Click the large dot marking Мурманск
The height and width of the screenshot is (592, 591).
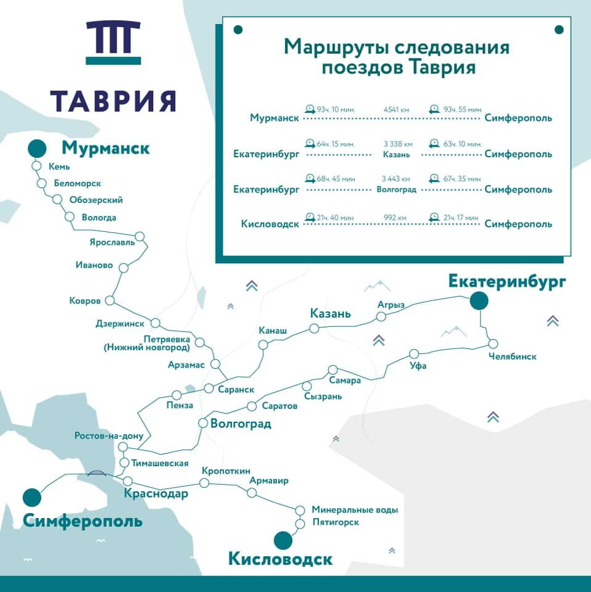point(37,149)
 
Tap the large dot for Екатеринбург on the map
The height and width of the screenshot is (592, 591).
point(479,301)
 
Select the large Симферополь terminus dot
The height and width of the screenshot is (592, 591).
point(31,497)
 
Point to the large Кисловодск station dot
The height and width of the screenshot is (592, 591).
point(283,540)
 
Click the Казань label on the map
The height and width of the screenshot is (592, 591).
point(330,314)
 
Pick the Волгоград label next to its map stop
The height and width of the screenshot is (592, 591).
point(241,424)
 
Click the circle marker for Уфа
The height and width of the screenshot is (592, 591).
point(414,354)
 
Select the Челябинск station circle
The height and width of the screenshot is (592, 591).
point(492,343)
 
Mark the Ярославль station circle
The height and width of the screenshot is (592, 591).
point(140,236)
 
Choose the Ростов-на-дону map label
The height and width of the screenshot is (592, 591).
point(109,436)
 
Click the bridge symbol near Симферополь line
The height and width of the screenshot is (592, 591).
point(96,473)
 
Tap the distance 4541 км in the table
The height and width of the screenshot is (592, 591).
point(397,109)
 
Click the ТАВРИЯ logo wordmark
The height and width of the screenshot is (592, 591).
point(113,101)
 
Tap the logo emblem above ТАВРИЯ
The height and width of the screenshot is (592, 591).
point(113,42)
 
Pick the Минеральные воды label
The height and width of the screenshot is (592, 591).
point(355,510)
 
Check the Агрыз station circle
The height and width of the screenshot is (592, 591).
point(381,316)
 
